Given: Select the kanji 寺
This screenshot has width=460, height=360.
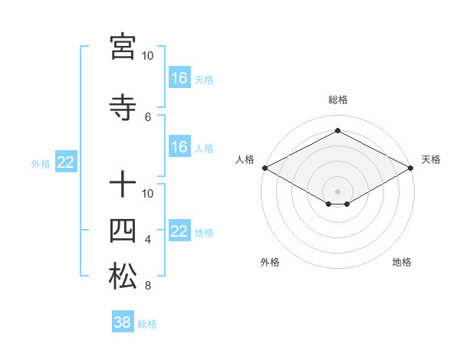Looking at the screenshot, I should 123,109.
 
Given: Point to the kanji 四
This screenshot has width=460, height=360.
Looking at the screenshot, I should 123,231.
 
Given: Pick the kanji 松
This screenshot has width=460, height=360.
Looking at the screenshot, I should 123,277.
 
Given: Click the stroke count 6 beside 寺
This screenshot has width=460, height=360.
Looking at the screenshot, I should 148,116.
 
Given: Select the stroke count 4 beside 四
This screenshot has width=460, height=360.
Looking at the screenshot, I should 148,240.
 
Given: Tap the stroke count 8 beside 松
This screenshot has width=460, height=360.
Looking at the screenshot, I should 148,286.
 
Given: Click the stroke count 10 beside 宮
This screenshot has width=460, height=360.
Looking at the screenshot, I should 148,56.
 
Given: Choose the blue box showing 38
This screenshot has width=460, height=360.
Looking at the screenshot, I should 123,322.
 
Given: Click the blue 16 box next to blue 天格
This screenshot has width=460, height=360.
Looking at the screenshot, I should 179,77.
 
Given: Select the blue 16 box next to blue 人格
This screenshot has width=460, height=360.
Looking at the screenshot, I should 179,147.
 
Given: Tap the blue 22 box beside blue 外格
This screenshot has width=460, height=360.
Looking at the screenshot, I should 65,162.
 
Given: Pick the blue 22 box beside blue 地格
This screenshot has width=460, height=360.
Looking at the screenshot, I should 179,231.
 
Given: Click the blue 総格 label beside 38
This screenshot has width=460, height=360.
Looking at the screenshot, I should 147,324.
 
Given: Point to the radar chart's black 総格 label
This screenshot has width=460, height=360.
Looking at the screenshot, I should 337,100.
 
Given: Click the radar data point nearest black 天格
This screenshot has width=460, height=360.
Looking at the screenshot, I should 411,168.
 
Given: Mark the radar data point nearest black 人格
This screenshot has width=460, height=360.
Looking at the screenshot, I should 264,168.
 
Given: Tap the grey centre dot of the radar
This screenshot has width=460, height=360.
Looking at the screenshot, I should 337,190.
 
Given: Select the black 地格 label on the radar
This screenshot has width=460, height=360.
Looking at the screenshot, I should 402,262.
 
